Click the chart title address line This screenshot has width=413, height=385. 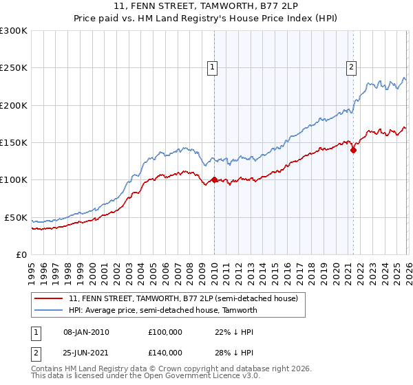(206, 6)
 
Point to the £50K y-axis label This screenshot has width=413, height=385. (16, 217)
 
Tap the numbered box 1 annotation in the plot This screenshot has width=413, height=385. (213, 67)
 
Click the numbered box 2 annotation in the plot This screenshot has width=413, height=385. (351, 67)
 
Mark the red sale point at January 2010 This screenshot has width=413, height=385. (213, 180)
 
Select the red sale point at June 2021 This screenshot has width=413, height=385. (353, 150)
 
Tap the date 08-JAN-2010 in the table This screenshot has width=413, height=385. (86, 332)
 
